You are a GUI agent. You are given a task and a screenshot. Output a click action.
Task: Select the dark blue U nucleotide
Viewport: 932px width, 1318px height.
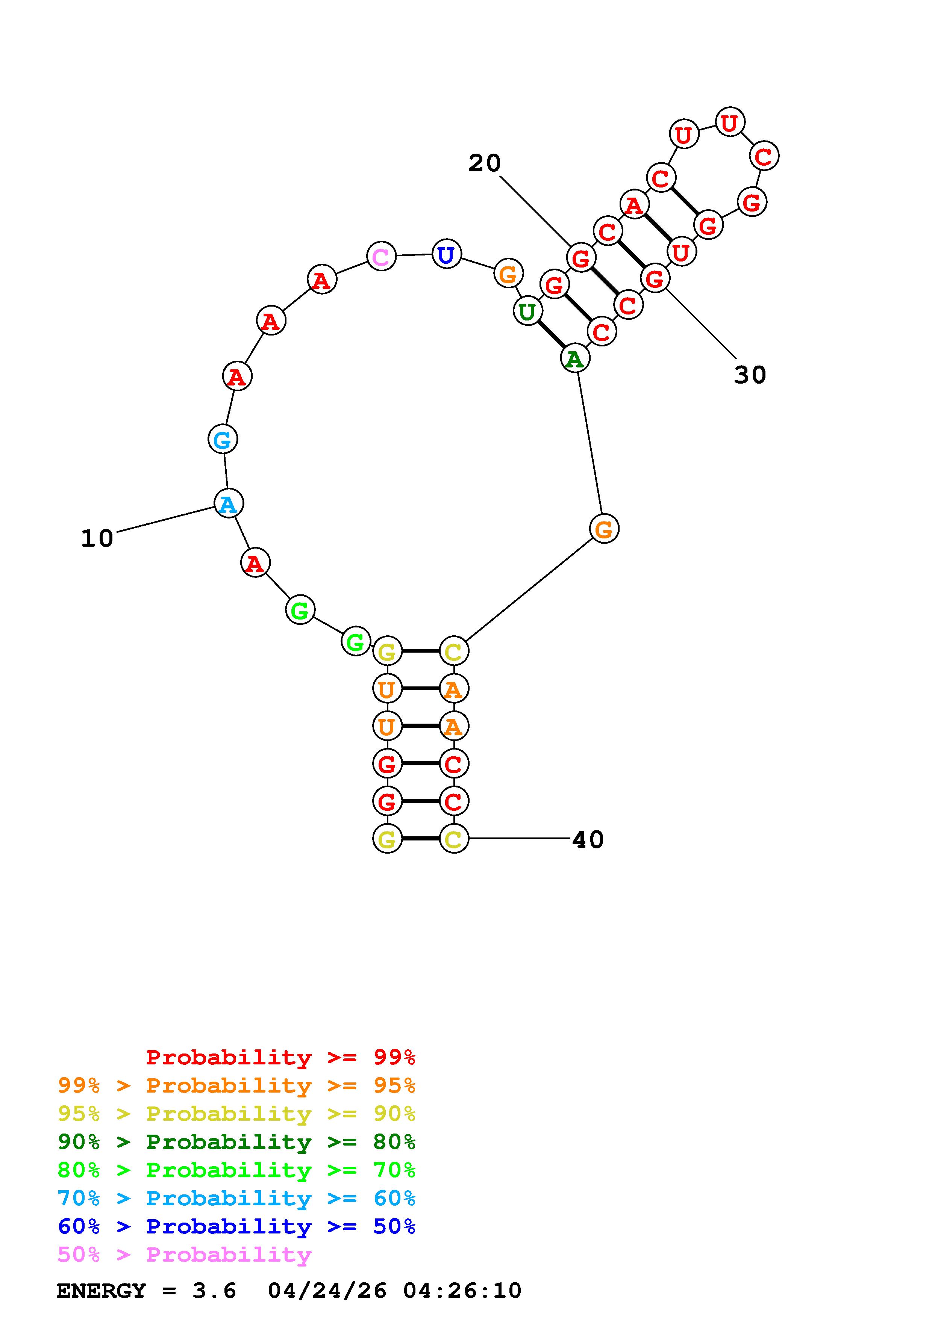[446, 254]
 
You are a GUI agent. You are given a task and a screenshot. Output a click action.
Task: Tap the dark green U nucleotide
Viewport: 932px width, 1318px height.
[527, 311]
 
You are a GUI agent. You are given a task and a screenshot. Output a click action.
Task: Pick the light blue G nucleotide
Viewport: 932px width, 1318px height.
[222, 439]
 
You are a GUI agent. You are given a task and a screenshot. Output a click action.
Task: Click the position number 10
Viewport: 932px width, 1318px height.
[97, 538]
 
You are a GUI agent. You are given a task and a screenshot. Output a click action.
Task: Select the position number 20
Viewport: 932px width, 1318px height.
[484, 163]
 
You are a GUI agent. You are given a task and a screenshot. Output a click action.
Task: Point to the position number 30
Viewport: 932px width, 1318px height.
[749, 375]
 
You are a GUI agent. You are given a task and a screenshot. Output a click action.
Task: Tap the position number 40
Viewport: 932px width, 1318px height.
[588, 840]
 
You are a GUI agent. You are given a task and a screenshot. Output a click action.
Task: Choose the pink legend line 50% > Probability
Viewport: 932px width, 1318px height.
[184, 1255]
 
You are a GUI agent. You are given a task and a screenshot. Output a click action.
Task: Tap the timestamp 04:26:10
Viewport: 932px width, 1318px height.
[462, 1291]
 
